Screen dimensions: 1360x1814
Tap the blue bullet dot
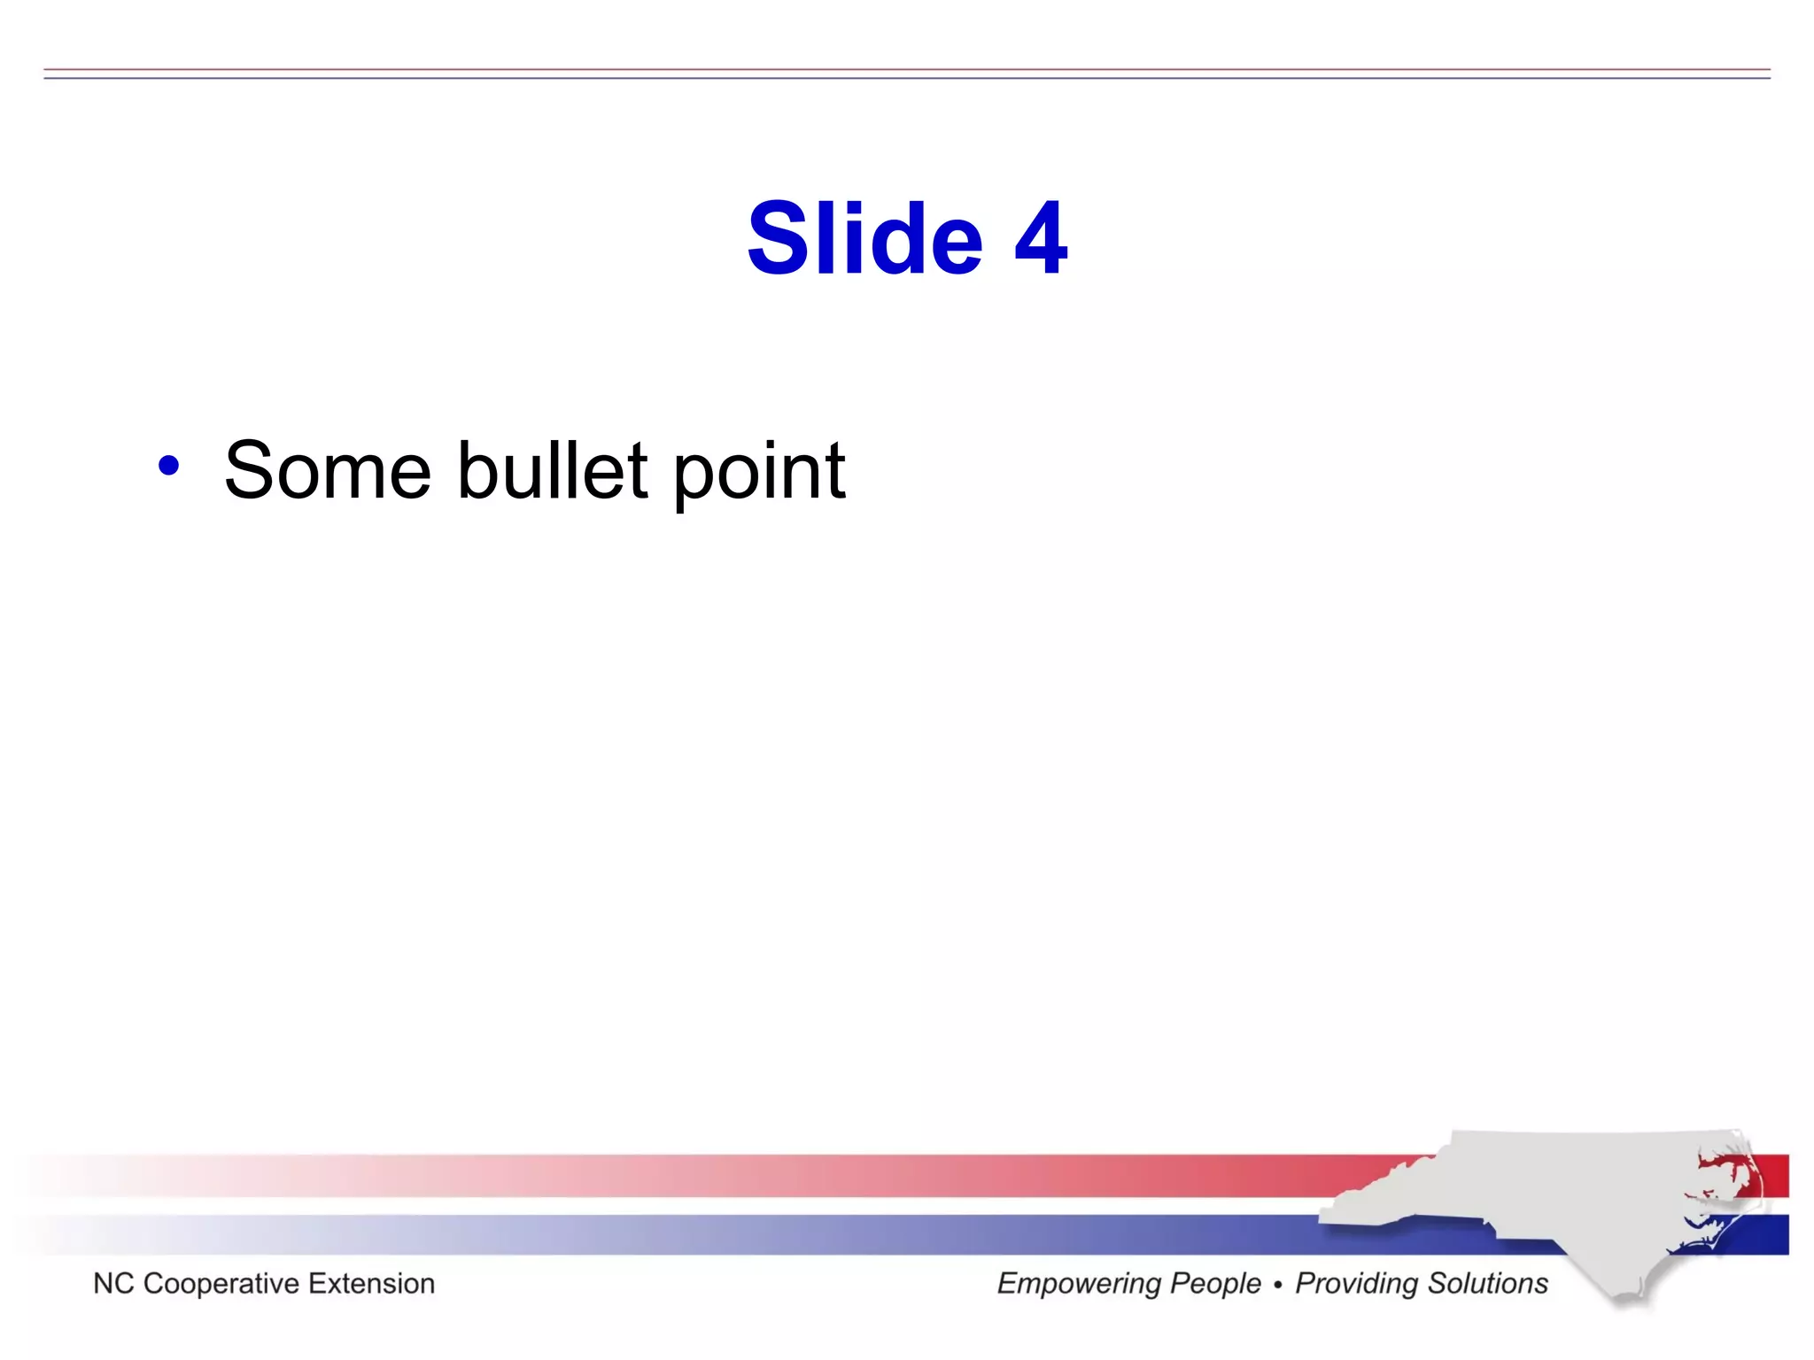pyautogui.click(x=168, y=466)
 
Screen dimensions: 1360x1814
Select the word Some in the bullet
pyautogui.click(x=327, y=471)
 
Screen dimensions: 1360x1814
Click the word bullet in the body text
pyautogui.click(x=552, y=471)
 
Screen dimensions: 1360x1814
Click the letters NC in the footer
pyautogui.click(x=112, y=1283)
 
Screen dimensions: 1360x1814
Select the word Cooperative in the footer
pyautogui.click(x=221, y=1284)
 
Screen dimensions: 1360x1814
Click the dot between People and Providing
pyautogui.click(x=1278, y=1285)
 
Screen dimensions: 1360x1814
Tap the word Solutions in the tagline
pyautogui.click(x=1487, y=1283)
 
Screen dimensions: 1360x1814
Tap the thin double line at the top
pyautogui.click(x=907, y=73)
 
